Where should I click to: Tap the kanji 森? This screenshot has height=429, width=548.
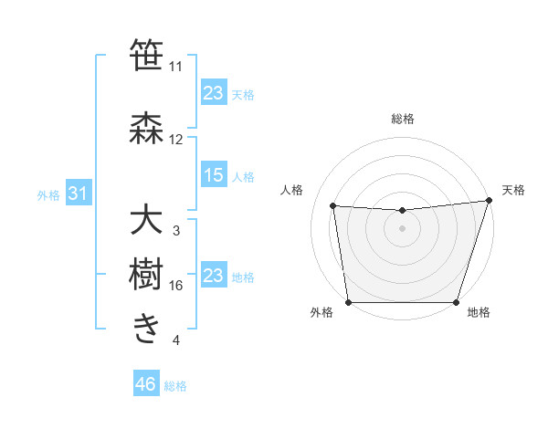(x=146, y=129)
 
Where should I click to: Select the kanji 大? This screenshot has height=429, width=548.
(x=146, y=221)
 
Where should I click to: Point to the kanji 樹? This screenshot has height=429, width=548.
(x=146, y=274)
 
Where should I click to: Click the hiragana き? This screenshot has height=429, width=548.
(x=146, y=329)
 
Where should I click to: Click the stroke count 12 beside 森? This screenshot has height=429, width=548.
(x=175, y=140)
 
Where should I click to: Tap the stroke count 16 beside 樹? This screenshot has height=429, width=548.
(x=175, y=286)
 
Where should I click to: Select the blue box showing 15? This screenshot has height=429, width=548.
(x=214, y=175)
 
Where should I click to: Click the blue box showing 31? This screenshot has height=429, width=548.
(x=78, y=194)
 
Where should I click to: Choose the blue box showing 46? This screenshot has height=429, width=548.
(x=145, y=384)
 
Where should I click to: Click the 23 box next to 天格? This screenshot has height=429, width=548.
(x=214, y=93)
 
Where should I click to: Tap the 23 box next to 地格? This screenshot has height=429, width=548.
(x=214, y=276)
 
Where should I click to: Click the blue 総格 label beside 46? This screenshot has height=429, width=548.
(x=175, y=386)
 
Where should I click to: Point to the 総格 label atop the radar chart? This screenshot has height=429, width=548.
(x=402, y=120)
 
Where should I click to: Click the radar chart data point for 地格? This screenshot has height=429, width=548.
(x=456, y=302)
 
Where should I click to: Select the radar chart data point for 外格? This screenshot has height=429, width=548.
(x=348, y=302)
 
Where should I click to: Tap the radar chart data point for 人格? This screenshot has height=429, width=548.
(x=332, y=206)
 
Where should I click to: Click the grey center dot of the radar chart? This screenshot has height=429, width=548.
(x=402, y=228)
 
